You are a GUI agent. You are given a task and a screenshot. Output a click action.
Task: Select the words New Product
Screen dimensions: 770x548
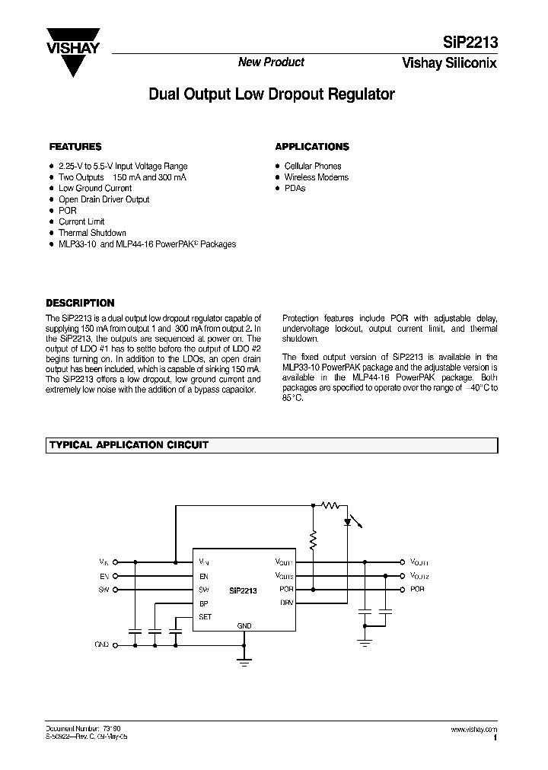[x=271, y=62]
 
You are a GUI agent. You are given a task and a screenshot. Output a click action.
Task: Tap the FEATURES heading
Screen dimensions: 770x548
[x=75, y=147]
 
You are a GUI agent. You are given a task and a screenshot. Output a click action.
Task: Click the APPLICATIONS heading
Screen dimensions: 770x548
[x=312, y=147]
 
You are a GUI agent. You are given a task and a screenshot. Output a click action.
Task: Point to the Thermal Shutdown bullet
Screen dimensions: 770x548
[x=92, y=233]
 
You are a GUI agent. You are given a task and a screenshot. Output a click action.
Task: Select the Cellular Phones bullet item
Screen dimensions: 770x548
[x=312, y=166]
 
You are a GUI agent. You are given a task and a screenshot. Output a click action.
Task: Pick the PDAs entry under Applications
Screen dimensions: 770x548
[x=295, y=188]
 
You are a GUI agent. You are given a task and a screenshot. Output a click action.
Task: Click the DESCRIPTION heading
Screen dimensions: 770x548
[x=81, y=303]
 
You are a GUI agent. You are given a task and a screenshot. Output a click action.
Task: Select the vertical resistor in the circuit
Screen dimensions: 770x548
[x=312, y=540]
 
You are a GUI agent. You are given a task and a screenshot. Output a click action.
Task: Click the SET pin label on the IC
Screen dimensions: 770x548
[x=205, y=617]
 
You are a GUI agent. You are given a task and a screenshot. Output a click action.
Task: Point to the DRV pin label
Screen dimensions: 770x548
[x=287, y=603]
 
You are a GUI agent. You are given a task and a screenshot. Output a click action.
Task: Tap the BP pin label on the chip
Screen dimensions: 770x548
[x=203, y=603]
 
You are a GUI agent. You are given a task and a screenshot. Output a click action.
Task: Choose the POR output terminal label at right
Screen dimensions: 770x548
[x=417, y=590]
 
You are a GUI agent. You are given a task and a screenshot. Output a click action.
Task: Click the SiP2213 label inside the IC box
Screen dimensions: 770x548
[x=244, y=590]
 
